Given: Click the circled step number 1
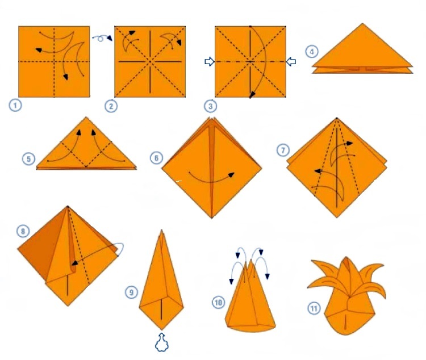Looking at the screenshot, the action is tap(15, 105).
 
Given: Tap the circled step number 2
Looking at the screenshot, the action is tap(111, 106).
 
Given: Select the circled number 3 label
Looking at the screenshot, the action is tap(211, 106).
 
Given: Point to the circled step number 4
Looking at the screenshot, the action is tap(312, 52).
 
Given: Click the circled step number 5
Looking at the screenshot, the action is tap(28, 159).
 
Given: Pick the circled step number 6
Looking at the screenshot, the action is tap(157, 158).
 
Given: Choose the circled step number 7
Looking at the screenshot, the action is tap(283, 150).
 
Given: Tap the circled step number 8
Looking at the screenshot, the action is tap(23, 231).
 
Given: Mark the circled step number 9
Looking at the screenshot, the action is tap(132, 292).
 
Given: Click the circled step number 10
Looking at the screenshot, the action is tap(219, 303).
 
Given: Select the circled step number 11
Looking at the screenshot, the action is tap(314, 308).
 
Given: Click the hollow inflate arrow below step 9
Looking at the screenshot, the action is tap(162, 342).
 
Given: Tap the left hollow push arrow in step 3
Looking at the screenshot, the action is tap(210, 62).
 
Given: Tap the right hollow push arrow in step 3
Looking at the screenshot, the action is tap(291, 62).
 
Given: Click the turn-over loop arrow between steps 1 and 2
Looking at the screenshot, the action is tap(102, 38).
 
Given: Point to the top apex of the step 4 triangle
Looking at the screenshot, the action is tap(362, 23).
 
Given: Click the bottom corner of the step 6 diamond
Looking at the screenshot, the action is tap(212, 218).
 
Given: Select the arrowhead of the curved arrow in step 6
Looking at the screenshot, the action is tap(231, 175).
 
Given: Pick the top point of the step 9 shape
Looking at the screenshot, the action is tap(162, 230).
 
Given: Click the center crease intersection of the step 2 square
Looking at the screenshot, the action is tap(150, 62).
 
